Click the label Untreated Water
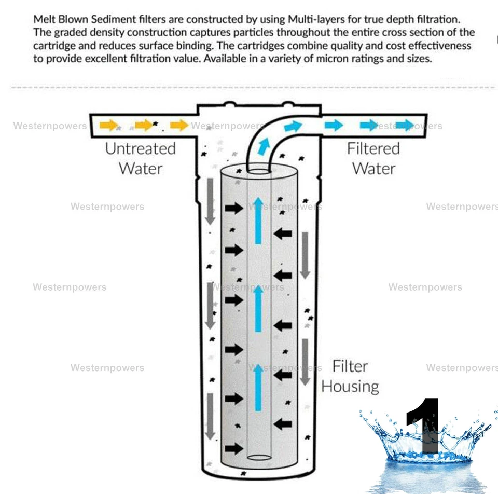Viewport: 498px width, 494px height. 141,158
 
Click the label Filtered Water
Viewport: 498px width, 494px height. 374,158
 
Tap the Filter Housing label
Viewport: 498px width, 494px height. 350,376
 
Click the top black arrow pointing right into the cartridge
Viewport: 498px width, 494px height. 234,208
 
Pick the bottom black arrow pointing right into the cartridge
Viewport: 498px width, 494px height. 234,448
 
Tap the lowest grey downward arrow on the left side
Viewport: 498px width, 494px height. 210,416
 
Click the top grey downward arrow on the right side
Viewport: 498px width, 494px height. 306,255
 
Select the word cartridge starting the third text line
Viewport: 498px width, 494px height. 54,46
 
